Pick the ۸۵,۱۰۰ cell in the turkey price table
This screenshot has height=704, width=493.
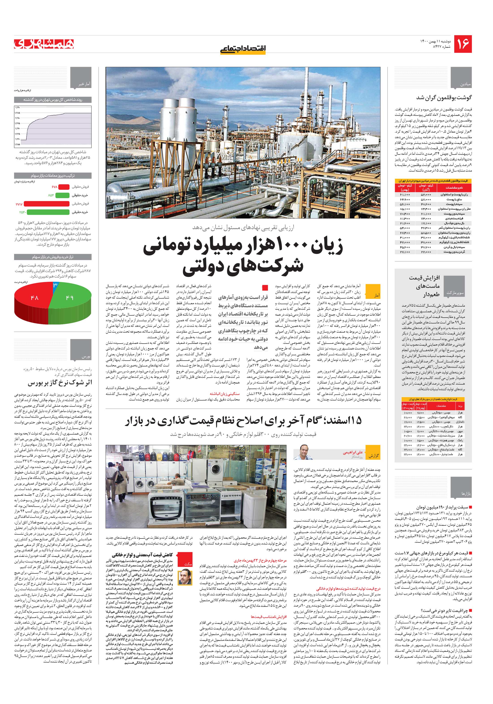tap(405, 209)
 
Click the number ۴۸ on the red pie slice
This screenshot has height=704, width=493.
tap(34, 297)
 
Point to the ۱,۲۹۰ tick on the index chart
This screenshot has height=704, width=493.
tap(17, 107)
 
